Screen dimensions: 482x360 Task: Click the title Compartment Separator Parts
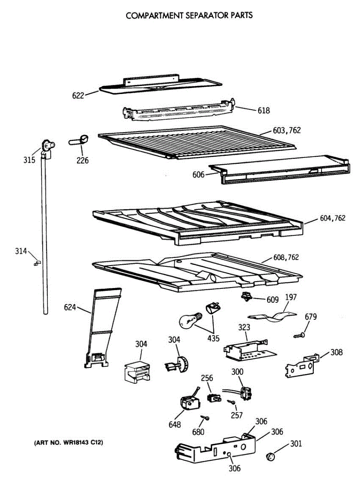click(x=189, y=16)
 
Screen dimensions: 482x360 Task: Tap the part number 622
click(x=78, y=95)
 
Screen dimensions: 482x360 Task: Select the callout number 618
click(x=264, y=110)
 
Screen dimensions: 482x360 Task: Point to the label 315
click(x=29, y=160)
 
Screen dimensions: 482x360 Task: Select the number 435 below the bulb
click(x=213, y=338)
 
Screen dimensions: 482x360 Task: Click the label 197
click(x=291, y=297)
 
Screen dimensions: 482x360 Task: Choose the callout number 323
click(x=244, y=328)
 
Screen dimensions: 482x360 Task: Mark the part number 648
click(x=175, y=425)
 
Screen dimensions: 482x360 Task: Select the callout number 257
click(x=237, y=415)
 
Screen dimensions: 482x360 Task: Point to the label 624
click(x=70, y=308)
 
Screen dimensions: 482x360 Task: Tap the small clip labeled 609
click(x=245, y=297)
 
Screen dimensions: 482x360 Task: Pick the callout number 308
click(x=337, y=353)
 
